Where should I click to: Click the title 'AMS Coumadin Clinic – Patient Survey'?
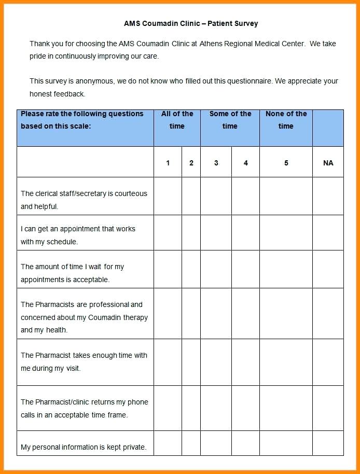tap(190, 23)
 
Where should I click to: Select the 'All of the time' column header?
tap(177, 120)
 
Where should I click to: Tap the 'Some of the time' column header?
tap(230, 120)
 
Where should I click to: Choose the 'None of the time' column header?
tap(286, 120)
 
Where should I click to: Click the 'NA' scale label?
tap(328, 163)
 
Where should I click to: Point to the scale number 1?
tap(168, 163)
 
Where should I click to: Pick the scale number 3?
tap(216, 163)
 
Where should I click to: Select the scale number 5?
tap(286, 163)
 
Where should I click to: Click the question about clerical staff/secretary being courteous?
tap(84, 200)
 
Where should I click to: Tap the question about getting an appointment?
tap(78, 235)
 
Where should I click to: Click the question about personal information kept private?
tap(84, 447)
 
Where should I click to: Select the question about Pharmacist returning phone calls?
tap(84, 408)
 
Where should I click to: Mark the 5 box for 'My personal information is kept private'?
tap(286, 443)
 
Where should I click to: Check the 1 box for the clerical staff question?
tap(168, 196)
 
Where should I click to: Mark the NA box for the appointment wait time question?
tap(328, 269)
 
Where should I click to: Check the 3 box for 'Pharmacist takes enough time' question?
tap(216, 362)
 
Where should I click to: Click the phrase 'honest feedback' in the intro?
tap(57, 94)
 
